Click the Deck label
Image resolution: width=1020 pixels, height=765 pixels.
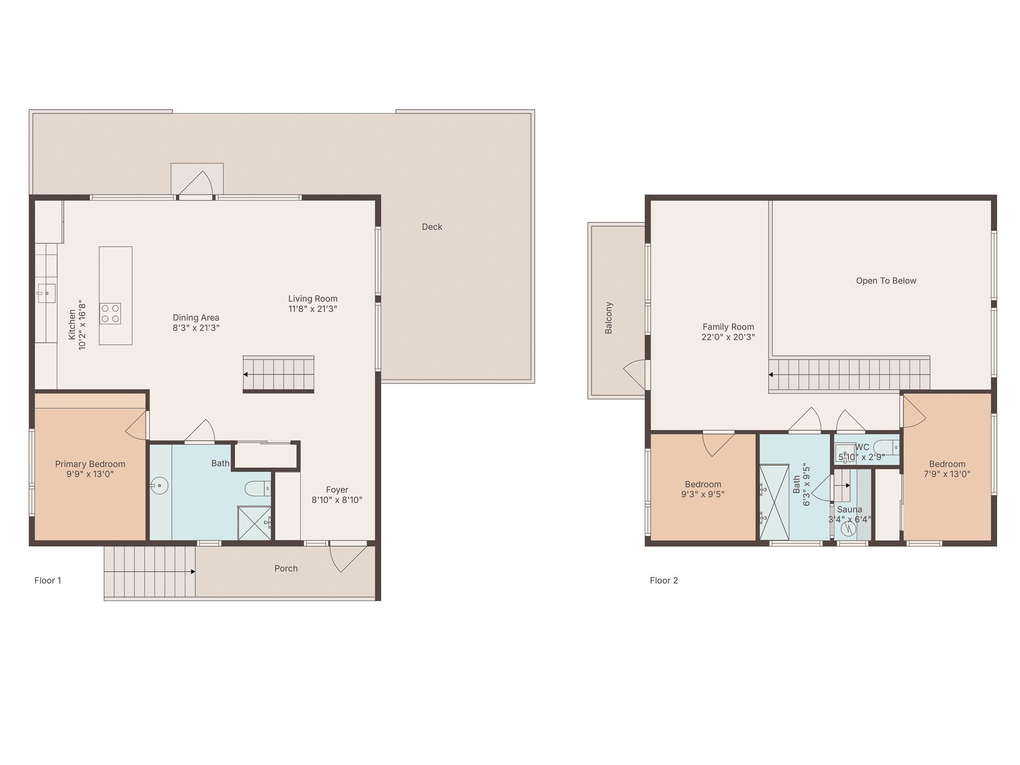click(x=432, y=227)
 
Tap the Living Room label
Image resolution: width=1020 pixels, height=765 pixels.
click(x=313, y=299)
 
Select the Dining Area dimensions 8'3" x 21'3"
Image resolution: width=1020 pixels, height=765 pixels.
click(x=196, y=328)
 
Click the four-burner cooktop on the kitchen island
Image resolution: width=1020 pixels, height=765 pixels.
click(x=110, y=314)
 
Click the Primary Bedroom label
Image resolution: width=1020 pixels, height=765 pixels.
click(x=90, y=464)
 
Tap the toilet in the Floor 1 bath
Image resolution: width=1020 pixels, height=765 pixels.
click(x=257, y=488)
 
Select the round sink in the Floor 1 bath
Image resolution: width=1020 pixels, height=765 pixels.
click(x=159, y=485)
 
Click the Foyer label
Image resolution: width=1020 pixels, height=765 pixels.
click(x=337, y=490)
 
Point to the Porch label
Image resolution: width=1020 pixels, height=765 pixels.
click(x=286, y=569)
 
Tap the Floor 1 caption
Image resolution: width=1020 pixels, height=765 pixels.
click(x=48, y=581)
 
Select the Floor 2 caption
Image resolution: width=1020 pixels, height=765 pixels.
click(x=663, y=581)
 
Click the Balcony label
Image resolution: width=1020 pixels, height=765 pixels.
click(x=609, y=318)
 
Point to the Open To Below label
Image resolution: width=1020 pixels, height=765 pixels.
click(x=886, y=281)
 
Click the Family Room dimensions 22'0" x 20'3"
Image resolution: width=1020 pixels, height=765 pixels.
click(x=728, y=337)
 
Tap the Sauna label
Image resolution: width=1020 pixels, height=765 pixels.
click(x=850, y=510)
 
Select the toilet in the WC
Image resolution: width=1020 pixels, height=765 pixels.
click(x=886, y=447)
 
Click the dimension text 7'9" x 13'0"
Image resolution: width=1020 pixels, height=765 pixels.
click(x=947, y=474)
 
